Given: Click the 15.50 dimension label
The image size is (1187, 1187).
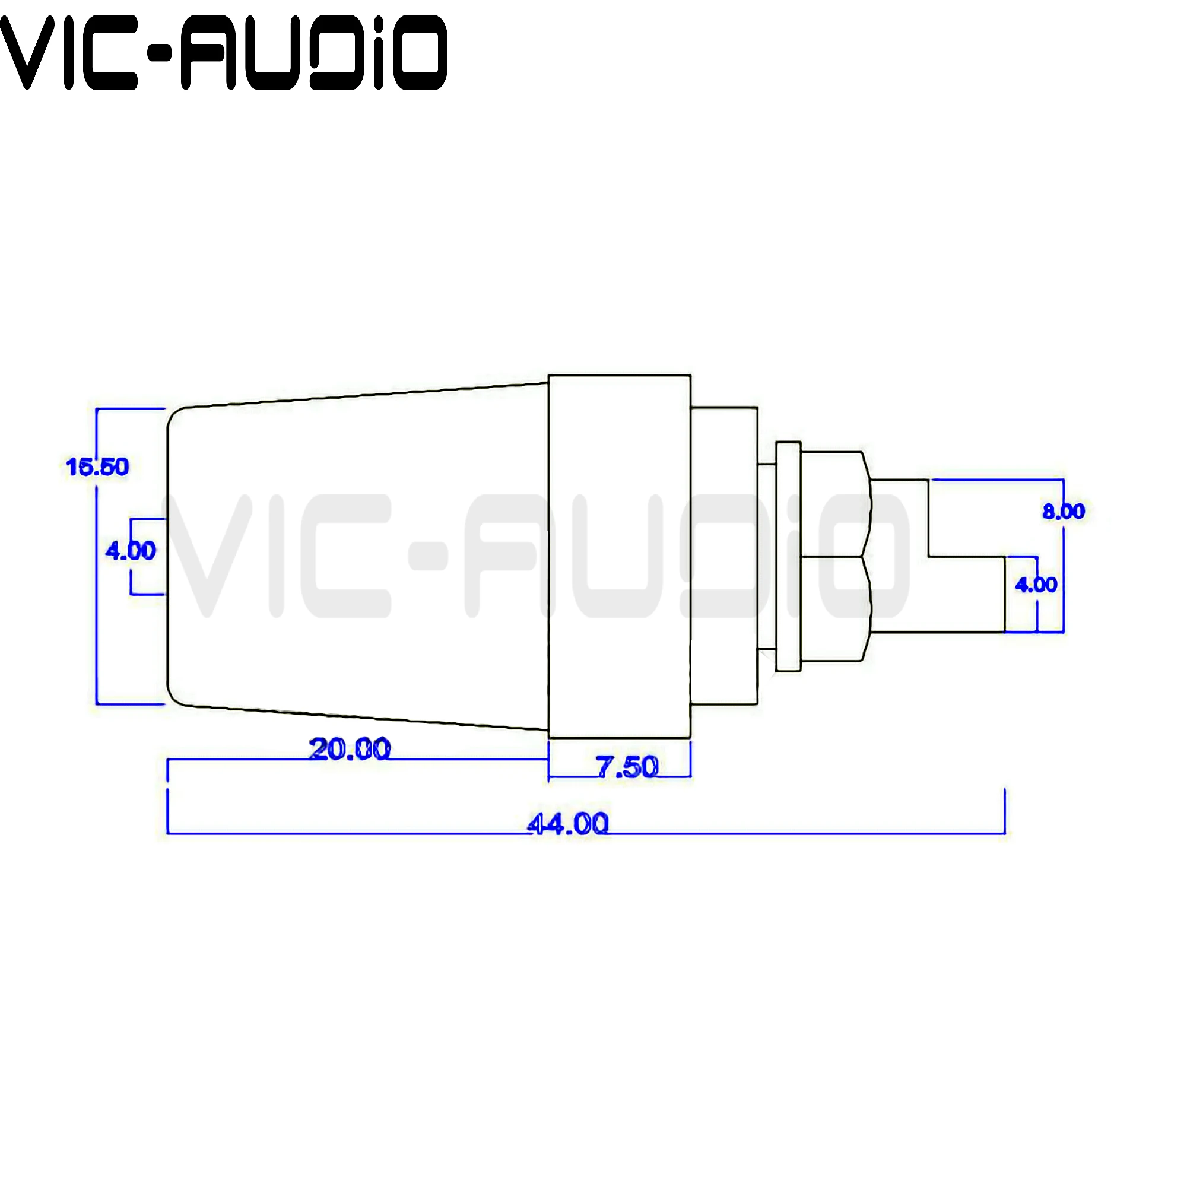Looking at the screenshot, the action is tap(97, 467).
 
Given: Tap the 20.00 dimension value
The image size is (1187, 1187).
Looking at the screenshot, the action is tap(350, 750).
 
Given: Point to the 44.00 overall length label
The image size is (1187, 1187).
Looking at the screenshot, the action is tap(569, 824).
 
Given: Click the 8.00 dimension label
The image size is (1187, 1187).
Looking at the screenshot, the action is tap(1064, 511).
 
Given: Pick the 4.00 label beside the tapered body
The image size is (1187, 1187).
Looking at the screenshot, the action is tap(130, 551).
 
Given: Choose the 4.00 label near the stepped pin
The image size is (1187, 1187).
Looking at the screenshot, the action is tap(1036, 584).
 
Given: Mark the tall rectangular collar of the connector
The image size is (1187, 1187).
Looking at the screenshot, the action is tap(619, 556).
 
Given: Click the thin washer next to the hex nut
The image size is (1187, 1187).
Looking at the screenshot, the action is tap(788, 557).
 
